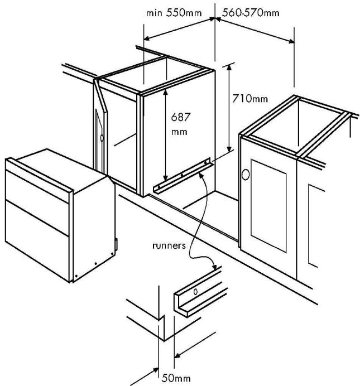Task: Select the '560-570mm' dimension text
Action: pyautogui.click(x=251, y=12)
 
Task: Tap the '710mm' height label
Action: pyautogui.click(x=250, y=99)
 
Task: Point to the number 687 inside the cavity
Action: pyautogui.click(x=181, y=118)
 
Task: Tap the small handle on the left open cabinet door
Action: pyautogui.click(x=102, y=137)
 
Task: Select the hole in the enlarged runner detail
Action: pyautogui.click(x=195, y=292)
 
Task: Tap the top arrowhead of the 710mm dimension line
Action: pyautogui.click(x=229, y=66)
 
